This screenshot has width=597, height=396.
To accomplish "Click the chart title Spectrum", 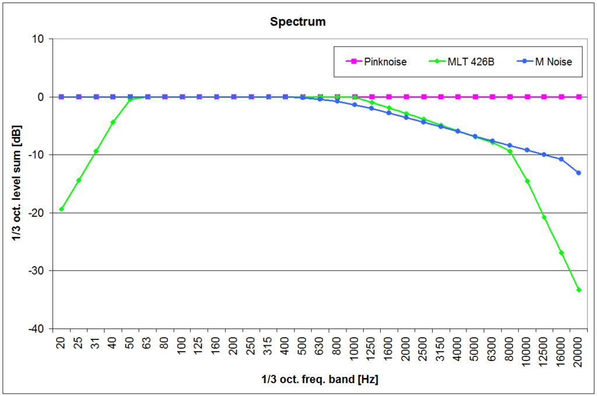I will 297,22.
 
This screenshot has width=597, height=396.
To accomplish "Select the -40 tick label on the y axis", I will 41,329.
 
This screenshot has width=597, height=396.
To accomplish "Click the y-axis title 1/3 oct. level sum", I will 17,184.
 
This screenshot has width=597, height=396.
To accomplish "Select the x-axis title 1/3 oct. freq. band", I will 319,380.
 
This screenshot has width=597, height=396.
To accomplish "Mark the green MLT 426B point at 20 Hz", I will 61,209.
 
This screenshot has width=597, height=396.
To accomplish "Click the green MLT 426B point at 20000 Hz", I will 579,290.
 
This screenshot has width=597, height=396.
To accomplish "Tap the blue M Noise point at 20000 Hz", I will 579,173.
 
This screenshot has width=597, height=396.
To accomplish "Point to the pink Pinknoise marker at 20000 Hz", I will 579,97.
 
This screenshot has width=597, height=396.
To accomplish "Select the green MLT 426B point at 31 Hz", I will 96,151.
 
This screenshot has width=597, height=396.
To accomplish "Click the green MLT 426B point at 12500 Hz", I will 544,217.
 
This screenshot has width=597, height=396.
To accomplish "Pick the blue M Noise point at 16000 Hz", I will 561,159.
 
